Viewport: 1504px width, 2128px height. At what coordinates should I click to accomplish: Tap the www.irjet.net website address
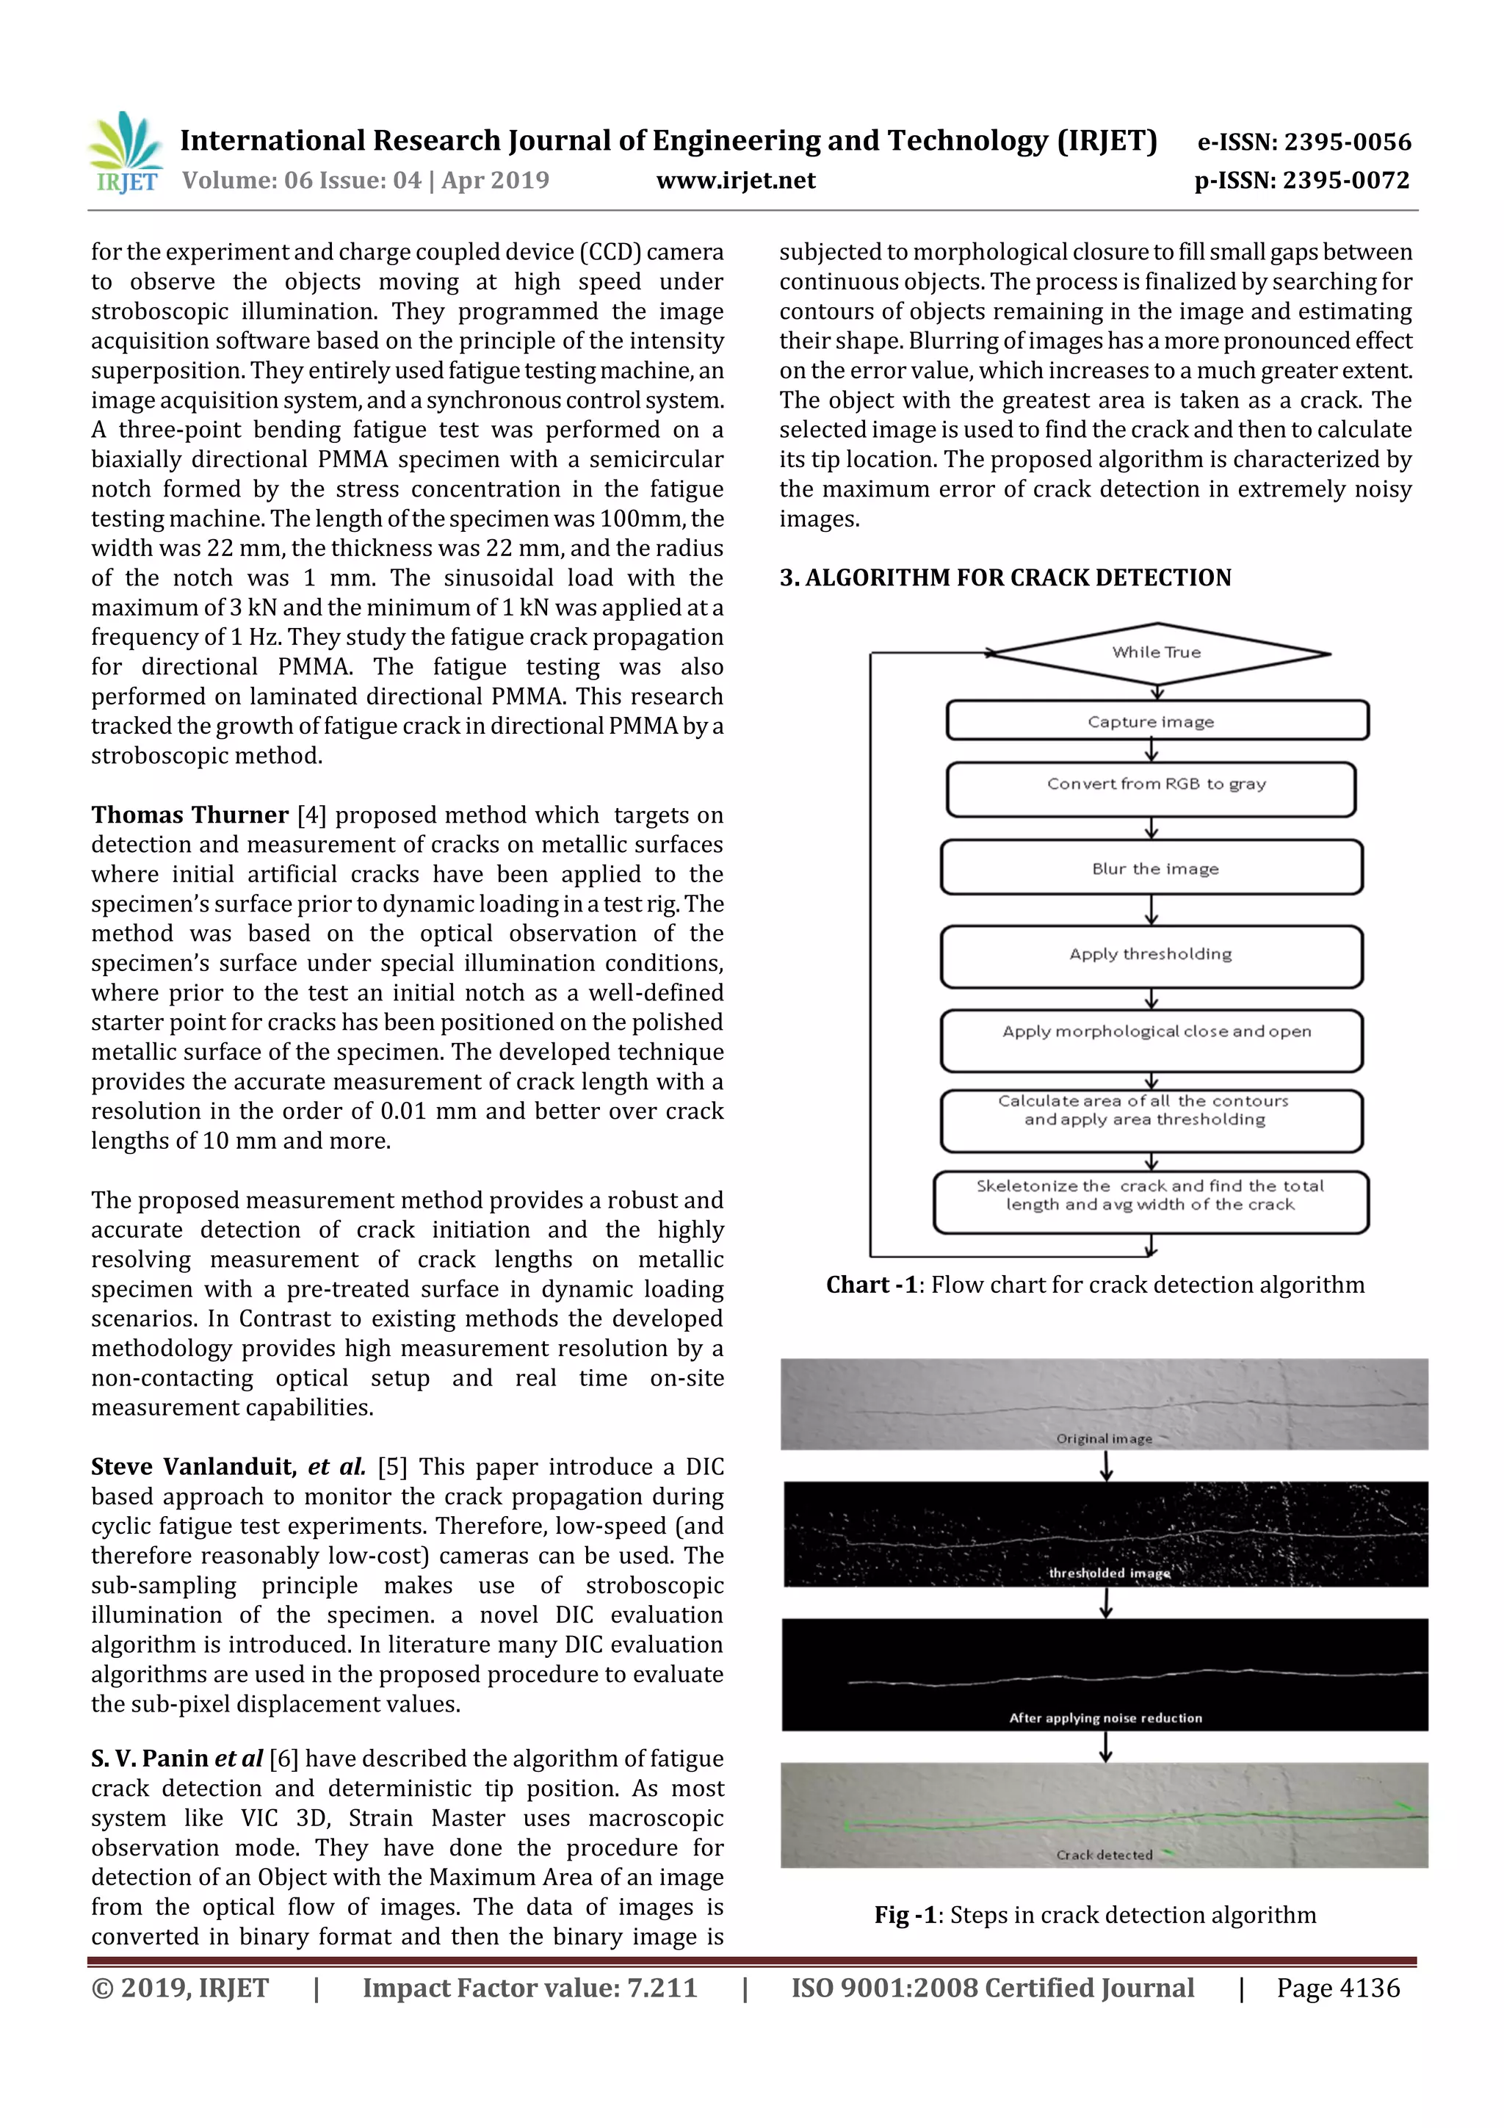736,181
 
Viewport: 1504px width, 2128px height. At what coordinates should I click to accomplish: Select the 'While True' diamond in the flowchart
1157,652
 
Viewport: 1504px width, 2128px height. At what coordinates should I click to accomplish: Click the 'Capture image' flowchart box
1157,721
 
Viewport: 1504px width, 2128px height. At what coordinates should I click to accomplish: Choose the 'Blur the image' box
1151,868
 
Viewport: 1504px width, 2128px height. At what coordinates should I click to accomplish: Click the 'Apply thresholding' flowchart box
1151,956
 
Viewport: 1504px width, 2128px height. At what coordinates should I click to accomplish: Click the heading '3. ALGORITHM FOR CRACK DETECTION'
1005,577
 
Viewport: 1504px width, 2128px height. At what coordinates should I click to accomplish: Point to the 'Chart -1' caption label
871,1285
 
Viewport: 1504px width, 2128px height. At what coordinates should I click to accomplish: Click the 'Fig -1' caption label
905,1915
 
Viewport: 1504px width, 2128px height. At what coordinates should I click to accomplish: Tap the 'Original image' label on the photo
1104,1438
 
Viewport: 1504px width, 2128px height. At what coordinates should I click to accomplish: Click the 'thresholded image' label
1108,1573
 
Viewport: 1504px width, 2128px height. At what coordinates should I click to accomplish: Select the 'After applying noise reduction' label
1104,1717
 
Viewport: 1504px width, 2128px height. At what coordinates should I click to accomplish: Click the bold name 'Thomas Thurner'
190,815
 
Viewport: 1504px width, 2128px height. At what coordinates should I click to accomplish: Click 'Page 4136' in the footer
1337,1988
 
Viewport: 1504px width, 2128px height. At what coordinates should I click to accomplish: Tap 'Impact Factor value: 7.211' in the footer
529,1988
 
